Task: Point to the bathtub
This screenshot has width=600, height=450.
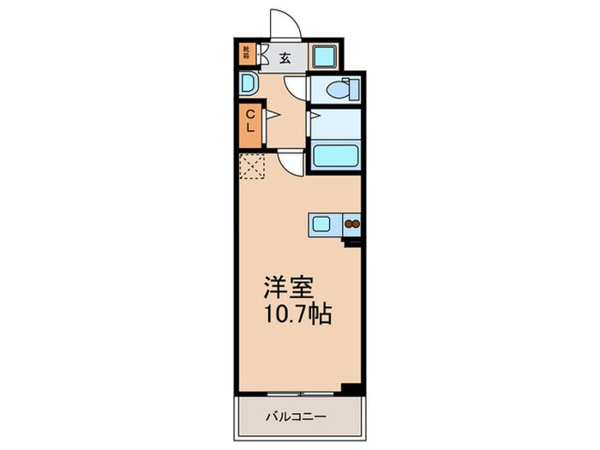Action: (336, 157)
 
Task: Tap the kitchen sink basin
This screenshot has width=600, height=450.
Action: (322, 225)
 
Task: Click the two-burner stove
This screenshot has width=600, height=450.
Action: (352, 225)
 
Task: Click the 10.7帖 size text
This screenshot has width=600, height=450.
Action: (298, 313)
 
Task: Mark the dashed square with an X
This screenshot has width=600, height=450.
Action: (255, 165)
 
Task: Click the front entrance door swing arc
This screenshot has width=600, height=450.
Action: (284, 24)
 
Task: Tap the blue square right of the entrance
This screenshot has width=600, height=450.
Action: (324, 57)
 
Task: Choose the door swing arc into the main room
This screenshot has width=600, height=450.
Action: (291, 162)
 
